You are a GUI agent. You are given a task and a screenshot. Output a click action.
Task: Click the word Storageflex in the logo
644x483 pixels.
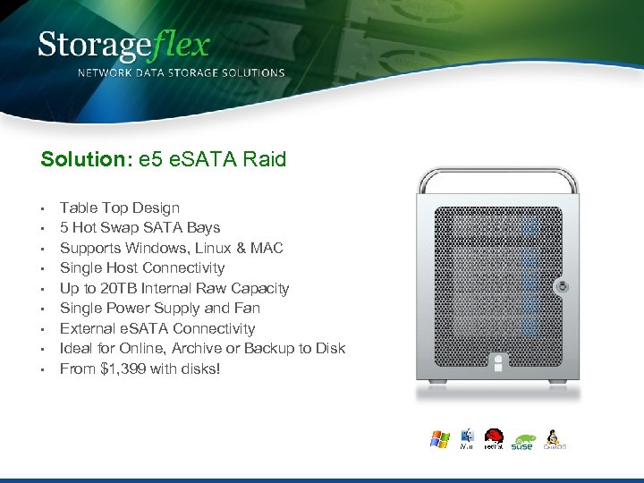(x=123, y=45)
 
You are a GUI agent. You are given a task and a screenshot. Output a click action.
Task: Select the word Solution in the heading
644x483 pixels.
(x=81, y=160)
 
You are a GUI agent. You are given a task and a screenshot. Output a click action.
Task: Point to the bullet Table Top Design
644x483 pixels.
(x=120, y=208)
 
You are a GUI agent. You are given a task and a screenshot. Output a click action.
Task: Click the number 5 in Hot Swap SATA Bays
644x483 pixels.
(x=64, y=227)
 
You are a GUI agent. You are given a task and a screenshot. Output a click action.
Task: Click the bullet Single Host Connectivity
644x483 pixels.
(x=142, y=267)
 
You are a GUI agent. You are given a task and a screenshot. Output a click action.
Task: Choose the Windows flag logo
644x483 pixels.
(x=439, y=439)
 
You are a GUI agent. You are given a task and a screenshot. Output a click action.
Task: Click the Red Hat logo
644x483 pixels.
(x=493, y=438)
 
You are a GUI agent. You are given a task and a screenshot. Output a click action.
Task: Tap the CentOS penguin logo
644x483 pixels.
(x=554, y=439)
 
